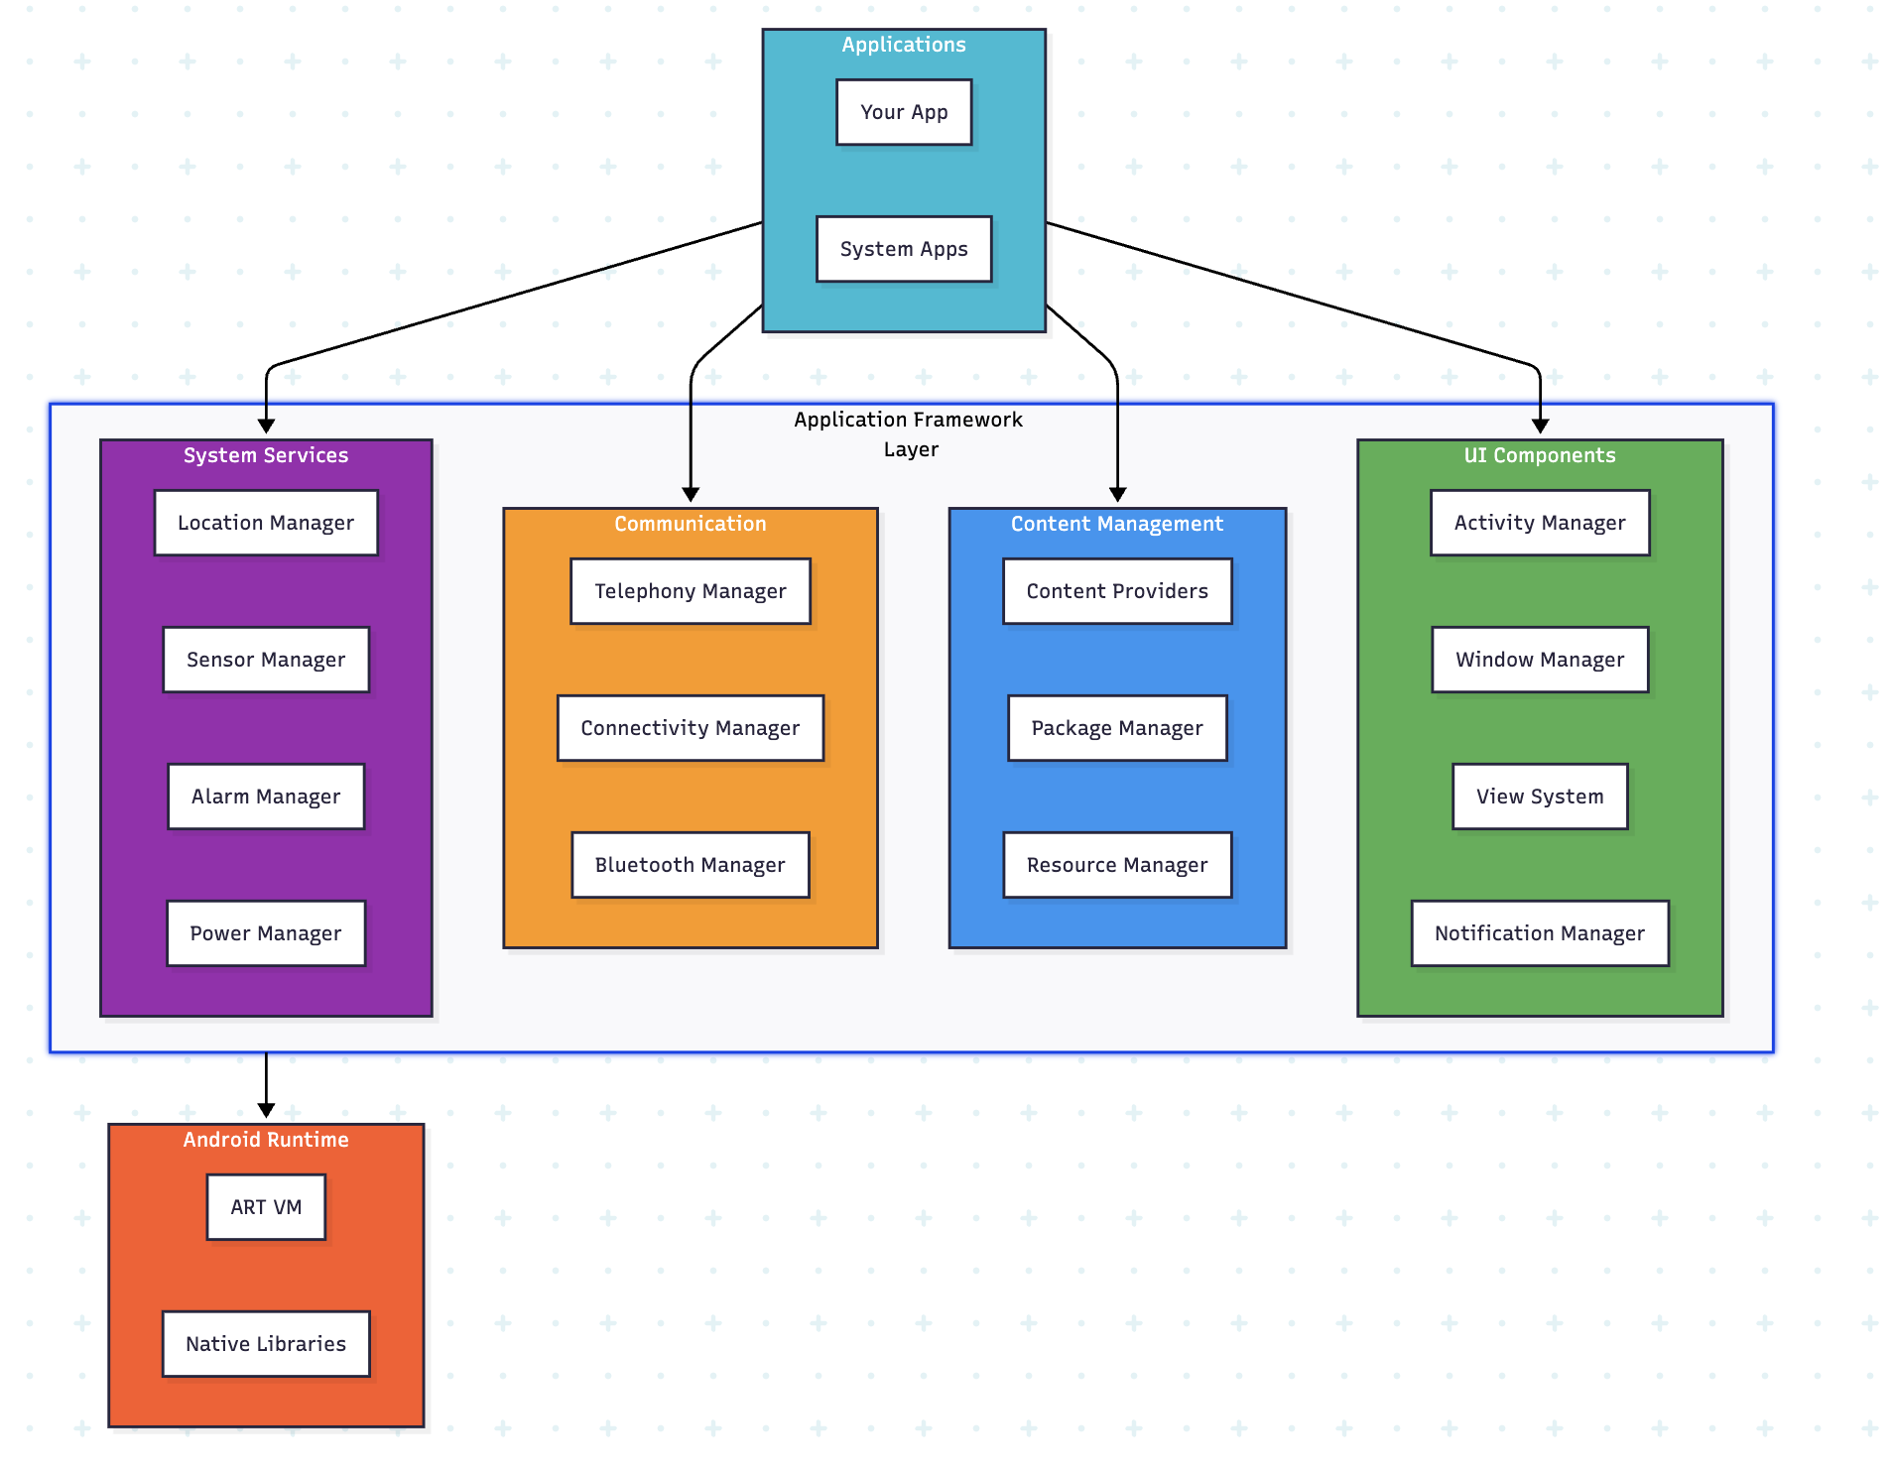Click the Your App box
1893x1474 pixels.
[903, 112]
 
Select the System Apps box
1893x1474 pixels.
[903, 249]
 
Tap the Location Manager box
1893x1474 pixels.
[266, 523]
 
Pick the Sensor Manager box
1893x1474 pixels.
[266, 660]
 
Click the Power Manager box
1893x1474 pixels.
[266, 933]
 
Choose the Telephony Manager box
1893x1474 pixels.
[690, 591]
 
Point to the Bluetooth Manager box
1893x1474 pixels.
[690, 865]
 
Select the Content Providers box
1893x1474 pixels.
[1117, 591]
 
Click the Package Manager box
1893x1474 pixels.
[1117, 728]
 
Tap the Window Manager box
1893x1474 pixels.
[1540, 660]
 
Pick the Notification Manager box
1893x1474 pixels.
[1540, 933]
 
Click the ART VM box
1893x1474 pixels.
[266, 1207]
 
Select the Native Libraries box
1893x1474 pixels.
[266, 1344]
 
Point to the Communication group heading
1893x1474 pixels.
[690, 524]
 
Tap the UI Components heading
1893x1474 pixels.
[1540, 455]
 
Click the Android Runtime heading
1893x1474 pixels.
[266, 1140]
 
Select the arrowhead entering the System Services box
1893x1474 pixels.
[266, 427]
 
